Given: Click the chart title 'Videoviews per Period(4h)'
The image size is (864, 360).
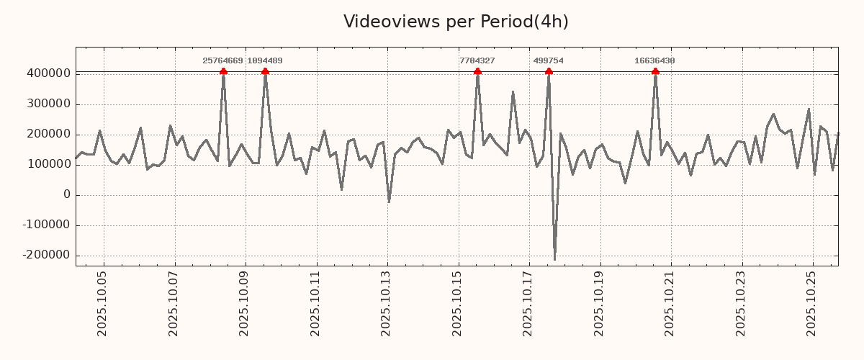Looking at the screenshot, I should point(456,22).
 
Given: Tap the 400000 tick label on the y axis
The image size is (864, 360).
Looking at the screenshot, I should point(48,73).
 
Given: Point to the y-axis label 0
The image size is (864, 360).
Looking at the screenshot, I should point(67,195).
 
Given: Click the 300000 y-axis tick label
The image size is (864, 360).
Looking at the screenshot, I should point(48,104).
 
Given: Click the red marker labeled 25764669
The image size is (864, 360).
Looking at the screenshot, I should point(223,71).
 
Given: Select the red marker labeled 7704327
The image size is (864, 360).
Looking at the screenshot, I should point(477,71).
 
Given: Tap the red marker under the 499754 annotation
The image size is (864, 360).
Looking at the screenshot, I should point(549,71).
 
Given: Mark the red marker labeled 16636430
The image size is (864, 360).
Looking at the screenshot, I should point(655,71).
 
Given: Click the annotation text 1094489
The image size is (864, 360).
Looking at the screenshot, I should point(265,61).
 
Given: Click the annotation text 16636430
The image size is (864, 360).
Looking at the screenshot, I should point(654,61).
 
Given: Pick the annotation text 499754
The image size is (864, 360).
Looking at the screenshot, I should point(549,61).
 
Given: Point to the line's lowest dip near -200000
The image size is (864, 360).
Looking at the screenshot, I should point(554,259).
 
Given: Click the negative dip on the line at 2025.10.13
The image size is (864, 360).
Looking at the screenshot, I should point(389,202).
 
